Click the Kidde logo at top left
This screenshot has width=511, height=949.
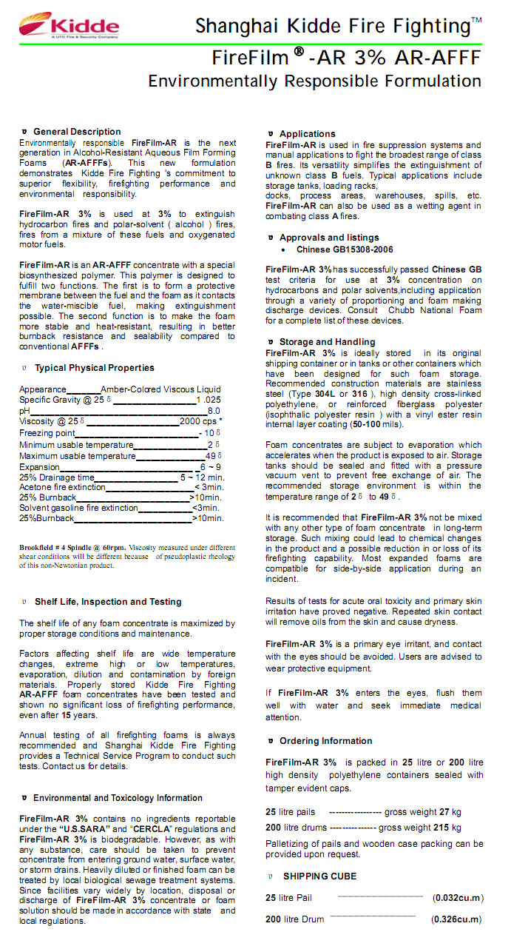pos(69,26)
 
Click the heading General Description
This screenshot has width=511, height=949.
pos(77,132)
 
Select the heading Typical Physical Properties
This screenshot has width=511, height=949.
pos(95,368)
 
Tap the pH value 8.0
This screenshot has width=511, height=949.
pos(214,411)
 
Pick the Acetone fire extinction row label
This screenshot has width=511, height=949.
pos(62,488)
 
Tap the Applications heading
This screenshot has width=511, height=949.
pos(307,134)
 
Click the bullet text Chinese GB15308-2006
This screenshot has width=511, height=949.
pos(345,249)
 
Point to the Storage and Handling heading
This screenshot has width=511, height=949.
pos(327,342)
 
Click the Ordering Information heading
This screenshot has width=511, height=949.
pos(325,741)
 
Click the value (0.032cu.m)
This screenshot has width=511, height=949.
pos(458,898)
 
